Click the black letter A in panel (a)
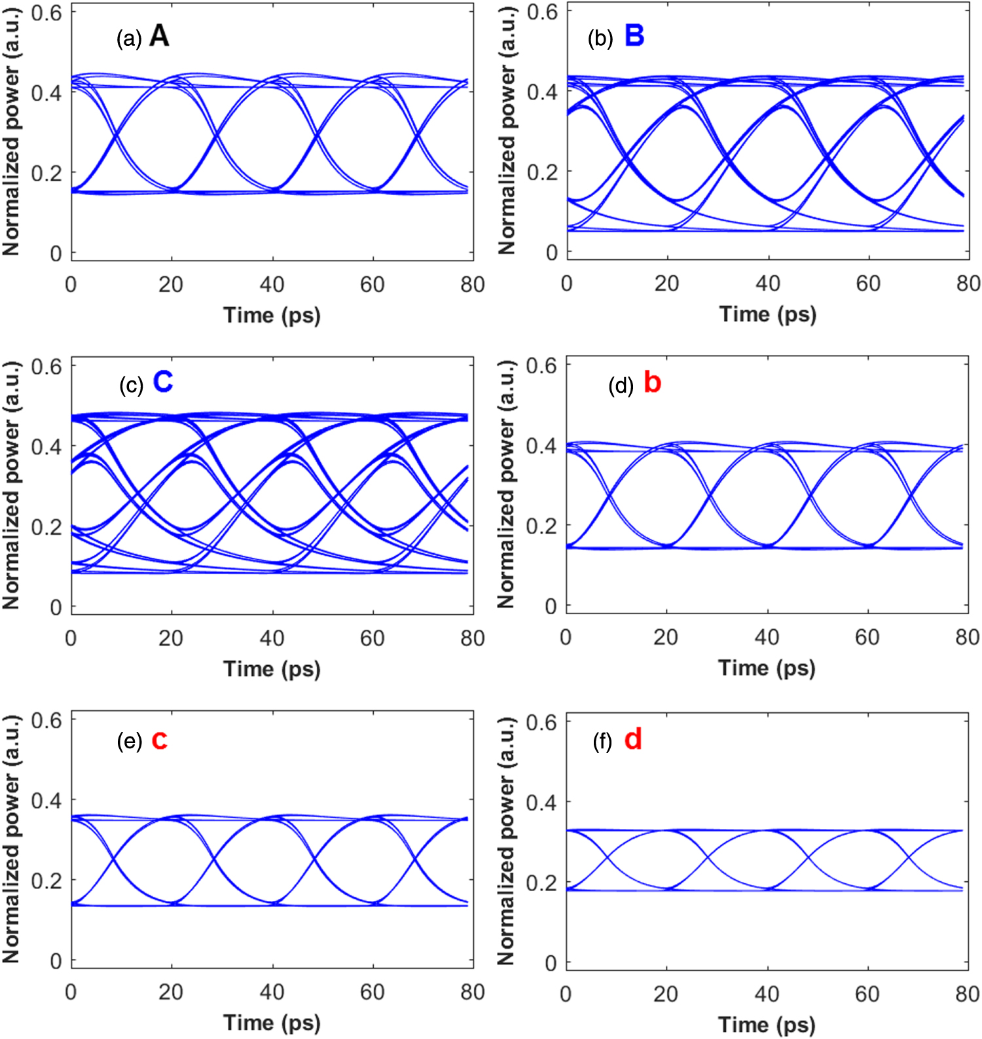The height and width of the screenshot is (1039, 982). pyautogui.click(x=159, y=36)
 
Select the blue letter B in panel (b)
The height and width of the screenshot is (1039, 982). pyautogui.click(x=634, y=35)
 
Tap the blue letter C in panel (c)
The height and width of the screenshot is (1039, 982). pyautogui.click(x=162, y=382)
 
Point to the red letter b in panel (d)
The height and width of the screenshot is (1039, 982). pyautogui.click(x=652, y=382)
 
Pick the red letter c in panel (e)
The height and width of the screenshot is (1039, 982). pyautogui.click(x=159, y=740)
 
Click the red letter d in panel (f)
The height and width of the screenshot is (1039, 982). pyautogui.click(x=632, y=739)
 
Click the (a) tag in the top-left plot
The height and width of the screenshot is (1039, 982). pyautogui.click(x=129, y=39)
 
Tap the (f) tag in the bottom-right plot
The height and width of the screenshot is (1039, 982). pyautogui.click(x=602, y=742)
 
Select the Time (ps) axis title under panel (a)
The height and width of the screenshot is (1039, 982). pyautogui.click(x=272, y=315)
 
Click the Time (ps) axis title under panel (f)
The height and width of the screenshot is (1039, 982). pyautogui.click(x=767, y=1024)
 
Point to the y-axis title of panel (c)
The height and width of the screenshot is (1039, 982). pyautogui.click(x=11, y=485)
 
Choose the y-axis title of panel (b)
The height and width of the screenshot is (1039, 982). pyautogui.click(x=507, y=131)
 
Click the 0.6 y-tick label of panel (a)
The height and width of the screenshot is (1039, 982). pyautogui.click(x=46, y=12)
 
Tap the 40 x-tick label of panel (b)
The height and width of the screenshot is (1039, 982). pyautogui.click(x=767, y=283)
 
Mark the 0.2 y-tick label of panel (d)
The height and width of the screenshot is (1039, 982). pyautogui.click(x=541, y=526)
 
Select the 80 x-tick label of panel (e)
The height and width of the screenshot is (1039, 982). pyautogui.click(x=472, y=992)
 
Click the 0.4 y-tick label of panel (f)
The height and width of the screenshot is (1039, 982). pyautogui.click(x=541, y=803)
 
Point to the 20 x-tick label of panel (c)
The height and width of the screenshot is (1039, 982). pyautogui.click(x=171, y=638)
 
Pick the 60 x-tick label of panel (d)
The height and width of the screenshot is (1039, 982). pyautogui.click(x=867, y=637)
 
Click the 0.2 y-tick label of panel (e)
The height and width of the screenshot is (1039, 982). pyautogui.click(x=46, y=881)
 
